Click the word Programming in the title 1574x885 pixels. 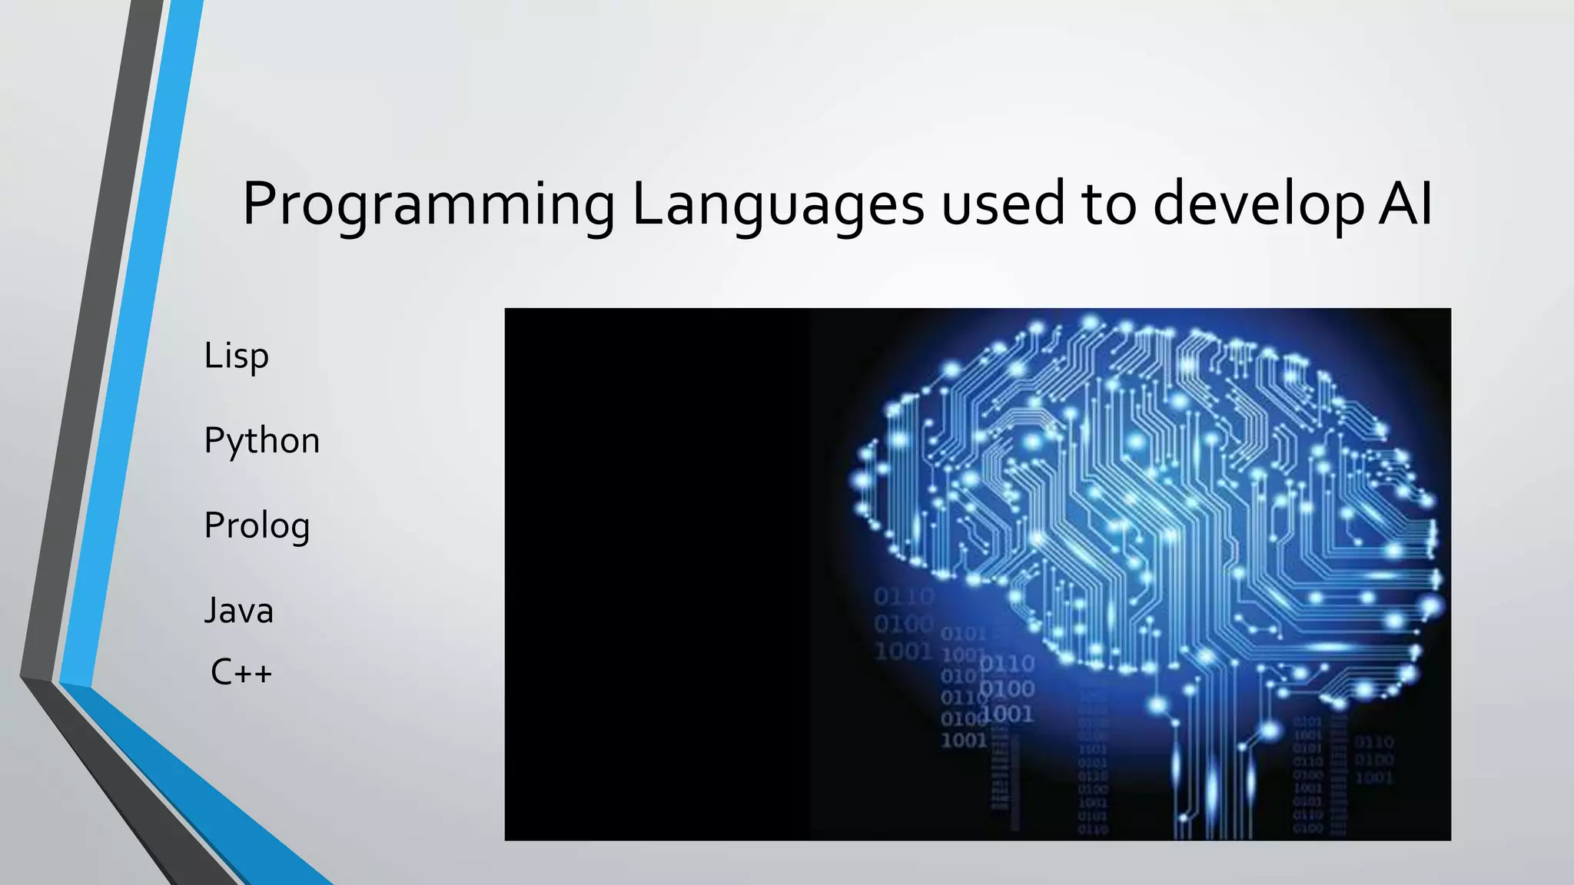[429, 205]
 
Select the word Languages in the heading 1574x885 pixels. [778, 205]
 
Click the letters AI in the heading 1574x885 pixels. [1406, 204]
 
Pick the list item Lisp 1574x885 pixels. [237, 356]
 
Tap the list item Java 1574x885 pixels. [239, 611]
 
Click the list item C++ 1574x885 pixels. [241, 673]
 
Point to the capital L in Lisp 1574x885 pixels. [211, 355]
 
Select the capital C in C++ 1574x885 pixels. [221, 673]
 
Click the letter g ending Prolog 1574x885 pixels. [300, 529]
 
